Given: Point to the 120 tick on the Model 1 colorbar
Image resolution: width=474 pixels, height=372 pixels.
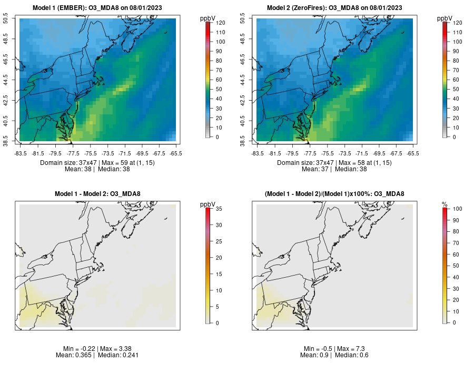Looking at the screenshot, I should point(220,23).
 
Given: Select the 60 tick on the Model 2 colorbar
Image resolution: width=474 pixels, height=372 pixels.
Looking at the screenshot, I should point(457,80).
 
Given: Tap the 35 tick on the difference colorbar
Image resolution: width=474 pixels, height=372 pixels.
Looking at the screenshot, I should point(220,209).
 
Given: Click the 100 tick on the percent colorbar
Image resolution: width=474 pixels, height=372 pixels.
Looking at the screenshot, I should point(457,209).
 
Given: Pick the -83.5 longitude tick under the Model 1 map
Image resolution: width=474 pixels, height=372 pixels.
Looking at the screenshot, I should point(21,153).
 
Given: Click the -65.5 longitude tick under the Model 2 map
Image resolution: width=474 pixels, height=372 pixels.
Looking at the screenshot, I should point(412,153).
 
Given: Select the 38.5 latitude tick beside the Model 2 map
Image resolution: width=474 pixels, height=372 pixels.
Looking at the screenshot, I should point(243,141).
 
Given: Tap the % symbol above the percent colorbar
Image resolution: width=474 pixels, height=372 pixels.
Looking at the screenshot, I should point(445,204).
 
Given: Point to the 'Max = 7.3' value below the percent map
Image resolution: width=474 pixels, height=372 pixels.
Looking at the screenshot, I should point(348,349).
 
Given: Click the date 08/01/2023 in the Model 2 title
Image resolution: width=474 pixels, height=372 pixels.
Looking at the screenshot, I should point(384,8).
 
